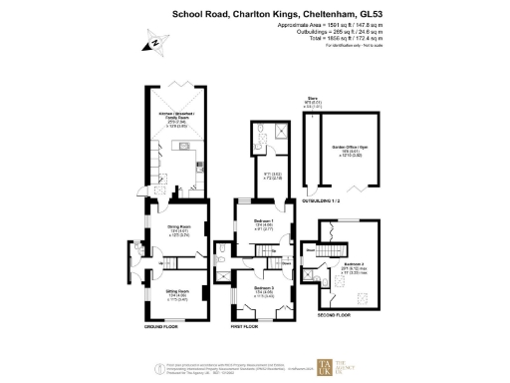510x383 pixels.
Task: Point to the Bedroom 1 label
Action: (x=263, y=224)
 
